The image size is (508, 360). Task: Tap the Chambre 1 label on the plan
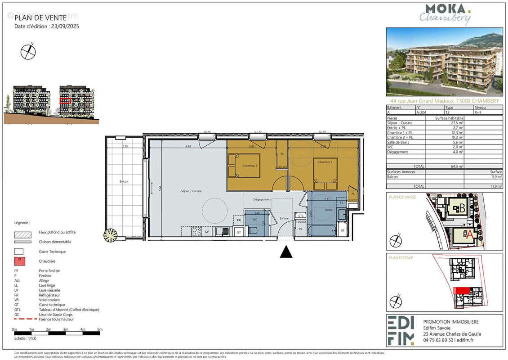[x=325, y=162]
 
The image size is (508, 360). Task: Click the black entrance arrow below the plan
[x=286, y=252]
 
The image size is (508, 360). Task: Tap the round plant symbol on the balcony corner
[x=110, y=235]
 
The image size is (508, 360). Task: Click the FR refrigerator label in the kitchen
[x=239, y=220]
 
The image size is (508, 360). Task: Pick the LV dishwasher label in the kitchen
[x=207, y=231]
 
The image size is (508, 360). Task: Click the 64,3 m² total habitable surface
[x=457, y=166]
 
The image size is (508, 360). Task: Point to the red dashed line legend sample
[x=25, y=319]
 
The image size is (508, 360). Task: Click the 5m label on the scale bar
[x=100, y=330]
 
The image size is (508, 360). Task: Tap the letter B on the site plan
[x=462, y=208]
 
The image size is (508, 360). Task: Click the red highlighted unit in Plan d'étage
[x=461, y=291]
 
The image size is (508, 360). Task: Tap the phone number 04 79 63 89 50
[x=440, y=341]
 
